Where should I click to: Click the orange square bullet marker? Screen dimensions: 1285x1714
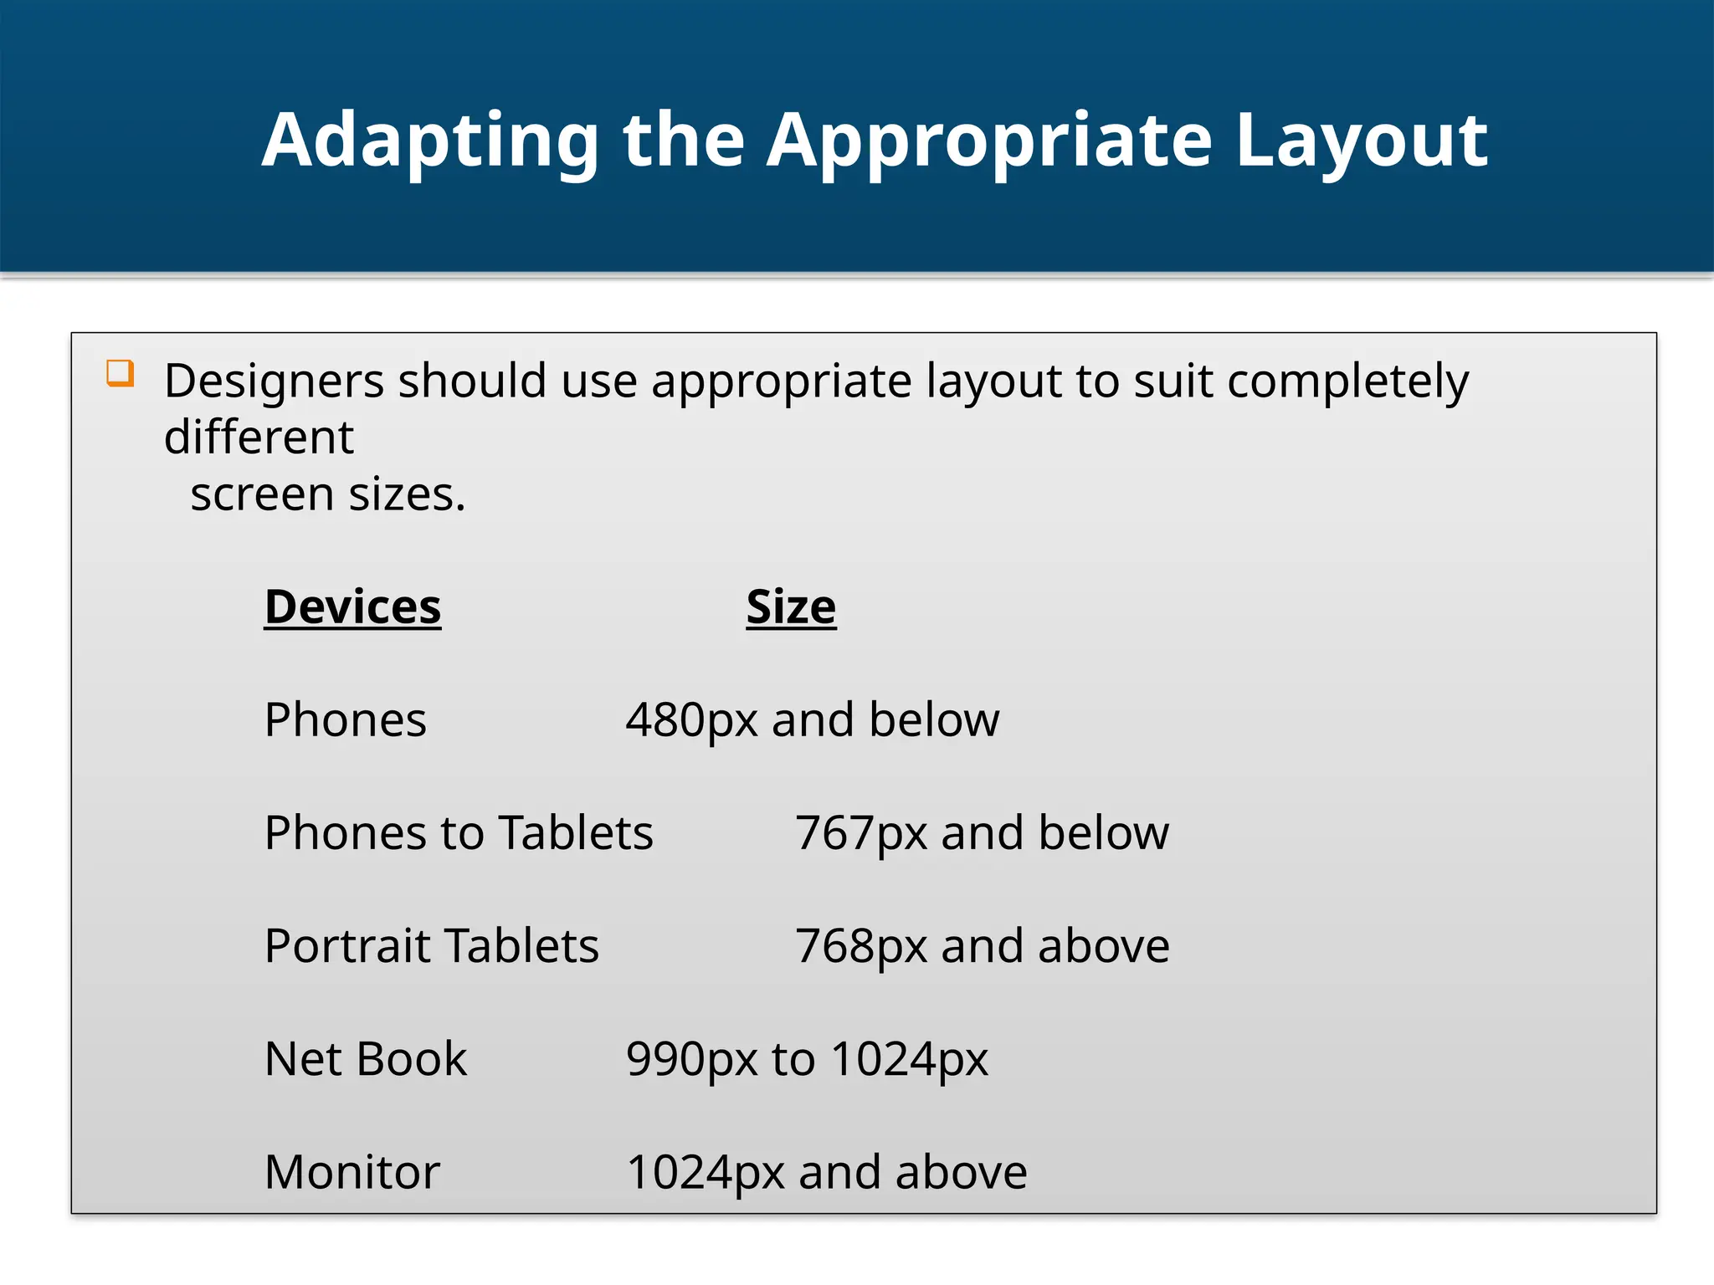(x=121, y=373)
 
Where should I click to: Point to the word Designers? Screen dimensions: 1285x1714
(x=274, y=381)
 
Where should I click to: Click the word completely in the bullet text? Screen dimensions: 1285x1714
(x=1347, y=381)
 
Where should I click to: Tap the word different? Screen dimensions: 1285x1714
(x=259, y=437)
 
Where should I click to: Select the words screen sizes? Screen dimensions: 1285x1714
(x=327, y=494)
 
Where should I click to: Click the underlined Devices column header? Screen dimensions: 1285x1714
(x=352, y=607)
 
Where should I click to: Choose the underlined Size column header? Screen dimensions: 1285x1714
(x=791, y=607)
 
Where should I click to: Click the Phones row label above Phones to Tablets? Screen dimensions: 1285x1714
(x=345, y=719)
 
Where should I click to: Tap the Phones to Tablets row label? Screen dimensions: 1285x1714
(x=459, y=833)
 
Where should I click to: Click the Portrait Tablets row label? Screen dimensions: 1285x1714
(x=432, y=946)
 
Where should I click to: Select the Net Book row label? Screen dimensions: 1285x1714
(x=366, y=1059)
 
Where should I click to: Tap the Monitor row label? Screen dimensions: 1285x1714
(x=352, y=1172)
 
